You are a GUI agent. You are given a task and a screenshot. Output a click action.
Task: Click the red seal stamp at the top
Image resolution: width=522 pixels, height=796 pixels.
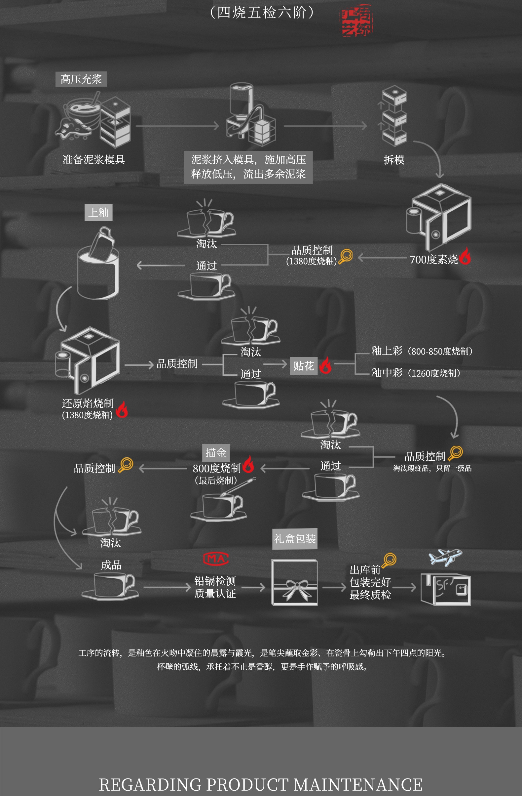point(356,21)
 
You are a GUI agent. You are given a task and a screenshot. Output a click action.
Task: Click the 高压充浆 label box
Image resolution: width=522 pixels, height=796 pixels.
point(81,79)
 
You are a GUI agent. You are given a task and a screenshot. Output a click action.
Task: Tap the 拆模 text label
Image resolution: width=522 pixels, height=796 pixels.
point(394,160)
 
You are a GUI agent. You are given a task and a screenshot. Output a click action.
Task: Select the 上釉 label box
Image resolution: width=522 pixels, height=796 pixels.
point(98,213)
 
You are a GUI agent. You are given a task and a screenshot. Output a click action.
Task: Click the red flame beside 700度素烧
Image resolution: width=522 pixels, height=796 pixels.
point(465,256)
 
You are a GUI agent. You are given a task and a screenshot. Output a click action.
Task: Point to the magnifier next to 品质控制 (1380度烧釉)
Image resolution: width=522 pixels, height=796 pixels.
point(346,257)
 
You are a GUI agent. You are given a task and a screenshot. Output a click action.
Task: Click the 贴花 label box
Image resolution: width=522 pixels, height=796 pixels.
point(303,366)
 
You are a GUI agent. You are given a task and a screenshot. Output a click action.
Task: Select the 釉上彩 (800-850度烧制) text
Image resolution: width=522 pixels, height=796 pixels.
point(422,351)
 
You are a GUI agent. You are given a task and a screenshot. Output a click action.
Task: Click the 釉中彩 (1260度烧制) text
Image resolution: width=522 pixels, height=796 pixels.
point(416,373)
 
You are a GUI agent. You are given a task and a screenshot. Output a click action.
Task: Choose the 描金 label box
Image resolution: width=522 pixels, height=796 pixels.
point(216,453)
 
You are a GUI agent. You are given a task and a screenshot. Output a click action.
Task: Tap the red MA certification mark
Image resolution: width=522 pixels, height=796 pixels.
point(216,558)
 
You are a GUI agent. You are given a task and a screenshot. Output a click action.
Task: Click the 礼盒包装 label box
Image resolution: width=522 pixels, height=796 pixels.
point(295,539)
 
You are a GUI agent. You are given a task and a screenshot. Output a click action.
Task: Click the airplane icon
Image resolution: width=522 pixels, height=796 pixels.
point(445,557)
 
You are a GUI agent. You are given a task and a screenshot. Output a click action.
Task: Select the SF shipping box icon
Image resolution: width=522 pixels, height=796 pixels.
point(446,590)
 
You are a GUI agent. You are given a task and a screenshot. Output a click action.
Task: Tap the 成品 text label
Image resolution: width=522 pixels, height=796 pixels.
point(111,565)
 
